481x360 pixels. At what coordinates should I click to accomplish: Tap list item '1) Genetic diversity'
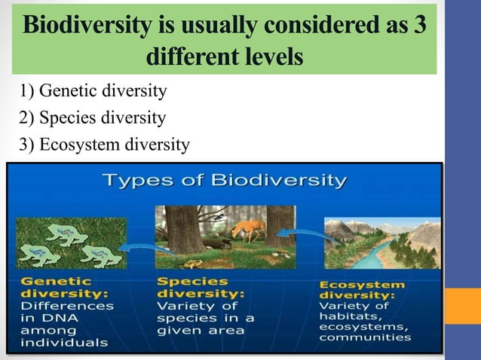pyautogui.click(x=93, y=93)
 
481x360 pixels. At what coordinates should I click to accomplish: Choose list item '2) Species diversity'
pyautogui.click(x=93, y=117)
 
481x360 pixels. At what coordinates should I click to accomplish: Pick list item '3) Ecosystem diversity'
pyautogui.click(x=105, y=142)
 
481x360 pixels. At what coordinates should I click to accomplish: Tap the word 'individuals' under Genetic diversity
pyautogui.click(x=59, y=343)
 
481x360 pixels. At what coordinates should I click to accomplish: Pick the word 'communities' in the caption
pyautogui.click(x=366, y=337)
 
